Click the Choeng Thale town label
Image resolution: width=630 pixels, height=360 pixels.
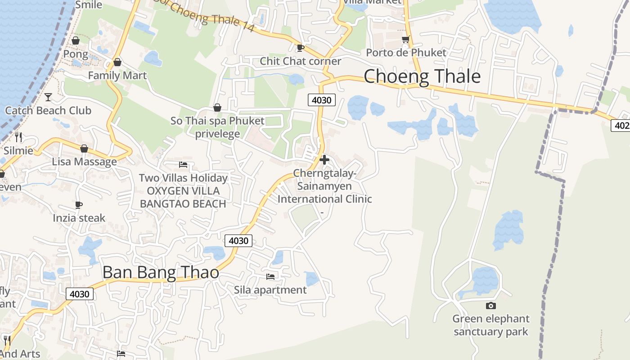pyautogui.click(x=422, y=76)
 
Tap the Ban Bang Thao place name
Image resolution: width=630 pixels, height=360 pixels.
pyautogui.click(x=161, y=272)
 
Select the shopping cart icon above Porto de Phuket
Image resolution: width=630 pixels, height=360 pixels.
pyautogui.click(x=405, y=40)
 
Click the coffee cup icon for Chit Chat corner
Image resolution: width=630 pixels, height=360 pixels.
pyautogui.click(x=301, y=48)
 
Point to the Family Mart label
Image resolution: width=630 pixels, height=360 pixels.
pyautogui.click(x=117, y=75)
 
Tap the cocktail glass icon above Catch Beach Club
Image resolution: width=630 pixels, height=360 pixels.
pyautogui.click(x=48, y=97)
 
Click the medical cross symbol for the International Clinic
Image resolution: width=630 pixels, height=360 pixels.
pyautogui.click(x=324, y=160)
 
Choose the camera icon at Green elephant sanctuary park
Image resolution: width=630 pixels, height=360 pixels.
pyautogui.click(x=491, y=306)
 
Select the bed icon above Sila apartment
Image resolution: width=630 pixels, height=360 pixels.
pyautogui.click(x=270, y=276)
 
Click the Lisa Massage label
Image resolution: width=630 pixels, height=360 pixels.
pyautogui.click(x=84, y=162)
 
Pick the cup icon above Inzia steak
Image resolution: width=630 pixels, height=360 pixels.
pyautogui.click(x=79, y=205)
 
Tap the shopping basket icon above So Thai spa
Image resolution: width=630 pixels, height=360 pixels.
pyautogui.click(x=217, y=108)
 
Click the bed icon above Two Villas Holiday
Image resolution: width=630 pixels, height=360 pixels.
pyautogui.click(x=183, y=165)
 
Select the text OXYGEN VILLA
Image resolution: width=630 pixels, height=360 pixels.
pyautogui.click(x=183, y=191)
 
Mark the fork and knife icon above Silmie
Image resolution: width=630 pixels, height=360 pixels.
pyautogui.click(x=18, y=137)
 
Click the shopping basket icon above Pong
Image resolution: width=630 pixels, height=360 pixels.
pyautogui.click(x=76, y=41)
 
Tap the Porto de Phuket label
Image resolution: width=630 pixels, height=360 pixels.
pyautogui.click(x=406, y=53)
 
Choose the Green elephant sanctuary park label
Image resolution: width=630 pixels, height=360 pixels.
pyautogui.click(x=490, y=325)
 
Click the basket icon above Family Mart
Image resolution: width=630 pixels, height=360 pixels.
pyautogui.click(x=117, y=62)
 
